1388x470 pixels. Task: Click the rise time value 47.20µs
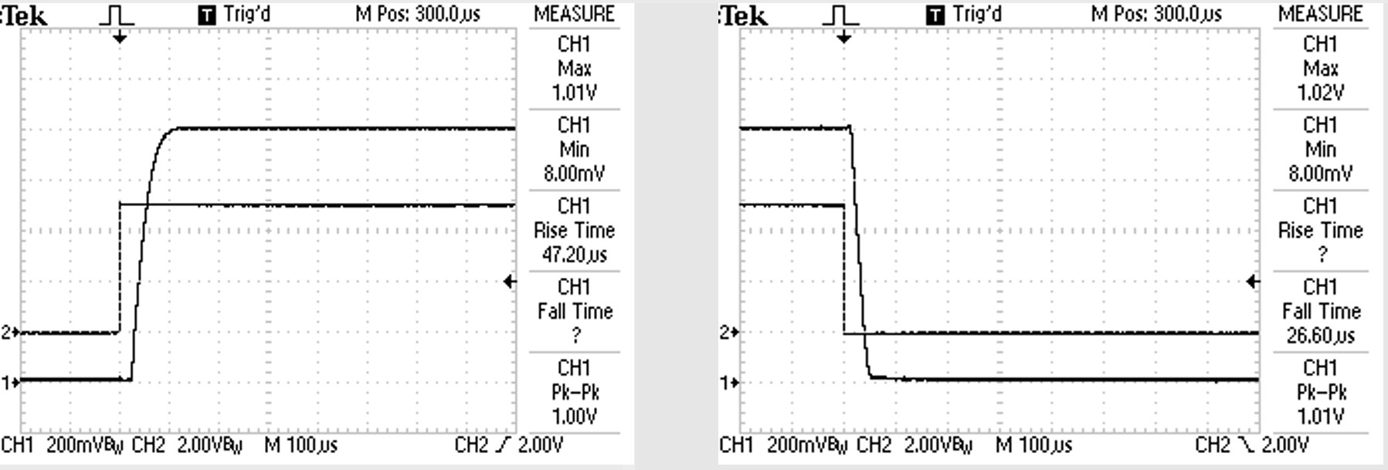coord(574,255)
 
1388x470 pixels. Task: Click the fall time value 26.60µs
coord(1320,336)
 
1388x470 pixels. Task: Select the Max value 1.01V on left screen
coord(574,93)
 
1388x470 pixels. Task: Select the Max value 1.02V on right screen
coord(1320,93)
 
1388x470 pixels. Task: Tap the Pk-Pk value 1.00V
coord(574,417)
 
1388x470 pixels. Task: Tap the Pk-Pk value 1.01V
coord(1320,417)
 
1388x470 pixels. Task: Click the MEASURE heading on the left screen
coord(574,14)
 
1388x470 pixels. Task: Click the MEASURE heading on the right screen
coord(1320,14)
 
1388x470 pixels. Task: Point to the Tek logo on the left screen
coord(25,15)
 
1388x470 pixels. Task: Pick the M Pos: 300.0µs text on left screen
coord(417,14)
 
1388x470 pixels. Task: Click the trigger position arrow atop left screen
coord(119,37)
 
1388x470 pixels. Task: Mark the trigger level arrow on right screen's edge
coord(1252,282)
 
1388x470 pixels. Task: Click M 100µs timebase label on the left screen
coord(300,445)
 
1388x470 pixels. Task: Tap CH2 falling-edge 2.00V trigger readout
coord(1251,445)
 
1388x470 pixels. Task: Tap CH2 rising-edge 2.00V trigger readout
coord(508,445)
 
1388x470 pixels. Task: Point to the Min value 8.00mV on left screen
coord(574,174)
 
